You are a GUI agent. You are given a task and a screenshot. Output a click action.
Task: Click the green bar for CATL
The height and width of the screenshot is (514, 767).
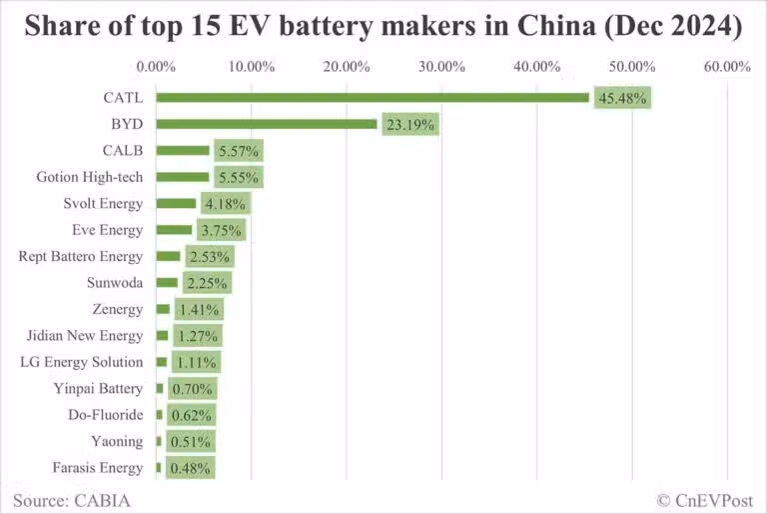point(372,98)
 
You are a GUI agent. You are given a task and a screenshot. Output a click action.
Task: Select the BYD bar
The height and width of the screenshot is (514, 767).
point(266,125)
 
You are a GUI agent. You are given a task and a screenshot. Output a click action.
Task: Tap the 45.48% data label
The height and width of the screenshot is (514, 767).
point(622,98)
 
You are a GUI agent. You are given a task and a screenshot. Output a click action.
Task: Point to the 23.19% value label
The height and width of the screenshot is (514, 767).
point(409,125)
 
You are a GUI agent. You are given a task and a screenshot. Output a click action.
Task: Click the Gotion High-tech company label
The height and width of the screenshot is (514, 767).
point(90,177)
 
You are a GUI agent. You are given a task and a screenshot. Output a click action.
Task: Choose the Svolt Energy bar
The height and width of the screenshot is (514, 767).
point(176,204)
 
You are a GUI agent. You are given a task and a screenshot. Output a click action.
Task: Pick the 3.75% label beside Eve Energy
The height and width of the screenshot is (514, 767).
point(221,230)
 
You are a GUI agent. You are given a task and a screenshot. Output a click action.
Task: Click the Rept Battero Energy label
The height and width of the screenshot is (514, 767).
point(81,257)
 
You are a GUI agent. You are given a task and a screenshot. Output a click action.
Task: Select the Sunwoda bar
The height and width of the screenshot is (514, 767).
point(166,283)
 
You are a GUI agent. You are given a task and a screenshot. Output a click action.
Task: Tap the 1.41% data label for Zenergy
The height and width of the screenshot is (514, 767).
point(199,309)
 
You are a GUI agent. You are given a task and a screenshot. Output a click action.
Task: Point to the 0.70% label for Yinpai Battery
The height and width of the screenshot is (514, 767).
point(192,389)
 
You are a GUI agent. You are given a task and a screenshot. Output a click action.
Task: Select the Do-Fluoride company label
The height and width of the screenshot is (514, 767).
point(98,415)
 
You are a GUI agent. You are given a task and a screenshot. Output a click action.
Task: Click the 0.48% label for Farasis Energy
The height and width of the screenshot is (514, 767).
point(190,468)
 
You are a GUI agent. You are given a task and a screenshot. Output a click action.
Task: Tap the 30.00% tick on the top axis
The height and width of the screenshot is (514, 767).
point(441,67)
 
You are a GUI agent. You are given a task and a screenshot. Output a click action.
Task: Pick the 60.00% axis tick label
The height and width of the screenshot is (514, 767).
point(727,67)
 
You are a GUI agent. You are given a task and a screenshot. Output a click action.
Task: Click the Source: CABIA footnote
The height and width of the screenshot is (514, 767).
point(72,499)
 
